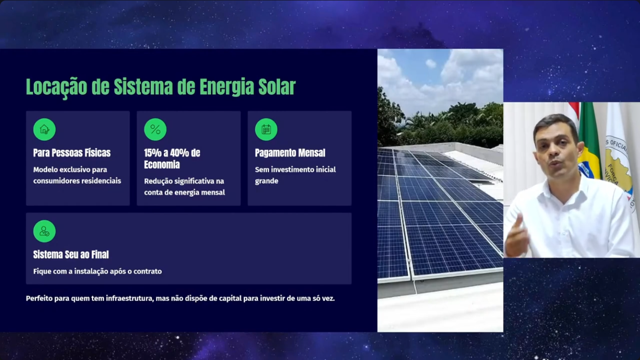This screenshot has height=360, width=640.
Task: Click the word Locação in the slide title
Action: pyautogui.click(x=57, y=87)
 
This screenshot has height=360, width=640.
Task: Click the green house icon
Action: pyautogui.click(x=44, y=129)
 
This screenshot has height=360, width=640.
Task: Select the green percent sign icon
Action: pyautogui.click(x=155, y=129)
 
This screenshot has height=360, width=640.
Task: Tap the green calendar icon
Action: pyautogui.click(x=266, y=129)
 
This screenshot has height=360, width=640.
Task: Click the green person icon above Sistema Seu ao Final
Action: pyautogui.click(x=44, y=231)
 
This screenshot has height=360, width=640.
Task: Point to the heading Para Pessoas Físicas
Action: pyautogui.click(x=72, y=153)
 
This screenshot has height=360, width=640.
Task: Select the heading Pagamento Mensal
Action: pyautogui.click(x=290, y=153)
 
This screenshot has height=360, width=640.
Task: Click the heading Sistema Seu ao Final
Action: pyautogui.click(x=71, y=254)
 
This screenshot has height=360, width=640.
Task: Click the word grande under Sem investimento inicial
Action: pyautogui.click(x=267, y=181)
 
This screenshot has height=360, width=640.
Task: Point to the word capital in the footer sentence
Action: pyautogui.click(x=230, y=299)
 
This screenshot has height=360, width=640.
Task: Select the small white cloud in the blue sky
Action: pyautogui.click(x=431, y=63)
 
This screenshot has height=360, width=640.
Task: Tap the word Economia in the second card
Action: pyautogui.click(x=162, y=164)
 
